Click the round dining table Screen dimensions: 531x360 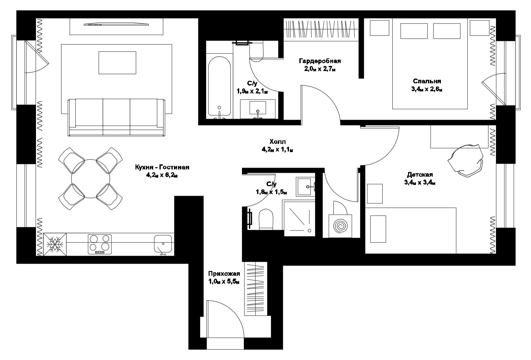tap(90, 179)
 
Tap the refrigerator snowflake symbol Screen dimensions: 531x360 tap(55, 245)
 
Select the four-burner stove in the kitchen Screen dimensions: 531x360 tap(100, 244)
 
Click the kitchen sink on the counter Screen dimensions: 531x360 tap(163, 244)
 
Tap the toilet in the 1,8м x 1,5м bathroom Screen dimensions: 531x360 tap(266, 219)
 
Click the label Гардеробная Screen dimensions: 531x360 tap(320, 61)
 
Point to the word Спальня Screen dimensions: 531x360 tap(427, 81)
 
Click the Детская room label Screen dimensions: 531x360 tap(420, 175)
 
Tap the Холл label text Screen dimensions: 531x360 tap(278, 142)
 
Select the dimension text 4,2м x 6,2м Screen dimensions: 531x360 tap(162, 176)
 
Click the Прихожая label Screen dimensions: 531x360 tap(224, 274)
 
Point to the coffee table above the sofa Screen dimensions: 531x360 tap(117, 63)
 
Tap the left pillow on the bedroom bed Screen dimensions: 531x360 tap(414, 31)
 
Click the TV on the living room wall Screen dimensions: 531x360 tap(116, 24)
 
